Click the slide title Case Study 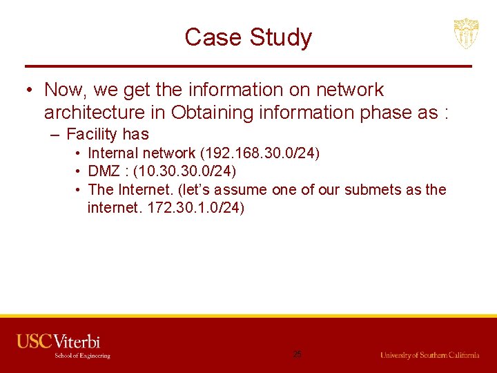point(248,37)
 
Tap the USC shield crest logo point(466,34)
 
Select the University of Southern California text point(429,355)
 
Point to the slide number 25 point(297,354)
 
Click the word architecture point(97,113)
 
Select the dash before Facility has point(56,135)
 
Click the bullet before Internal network point(79,153)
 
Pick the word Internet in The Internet point(147,189)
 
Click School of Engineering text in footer point(82,356)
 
